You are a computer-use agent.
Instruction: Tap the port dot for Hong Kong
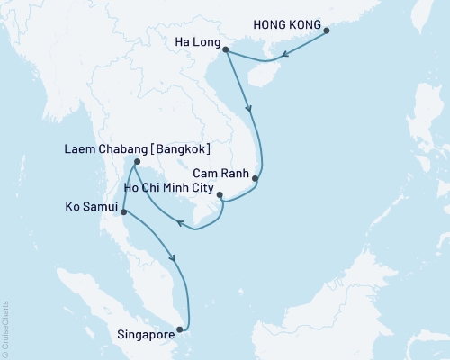(327, 31)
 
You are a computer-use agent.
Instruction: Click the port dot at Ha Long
(223, 49)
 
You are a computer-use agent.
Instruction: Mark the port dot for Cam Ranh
(256, 178)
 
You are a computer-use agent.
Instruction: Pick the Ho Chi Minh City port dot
(220, 193)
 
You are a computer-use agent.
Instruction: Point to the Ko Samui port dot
(122, 212)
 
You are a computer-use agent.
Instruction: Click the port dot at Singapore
(184, 328)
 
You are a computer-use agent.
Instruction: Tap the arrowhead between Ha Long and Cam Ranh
(251, 112)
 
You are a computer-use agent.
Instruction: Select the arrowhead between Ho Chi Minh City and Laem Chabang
(178, 224)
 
